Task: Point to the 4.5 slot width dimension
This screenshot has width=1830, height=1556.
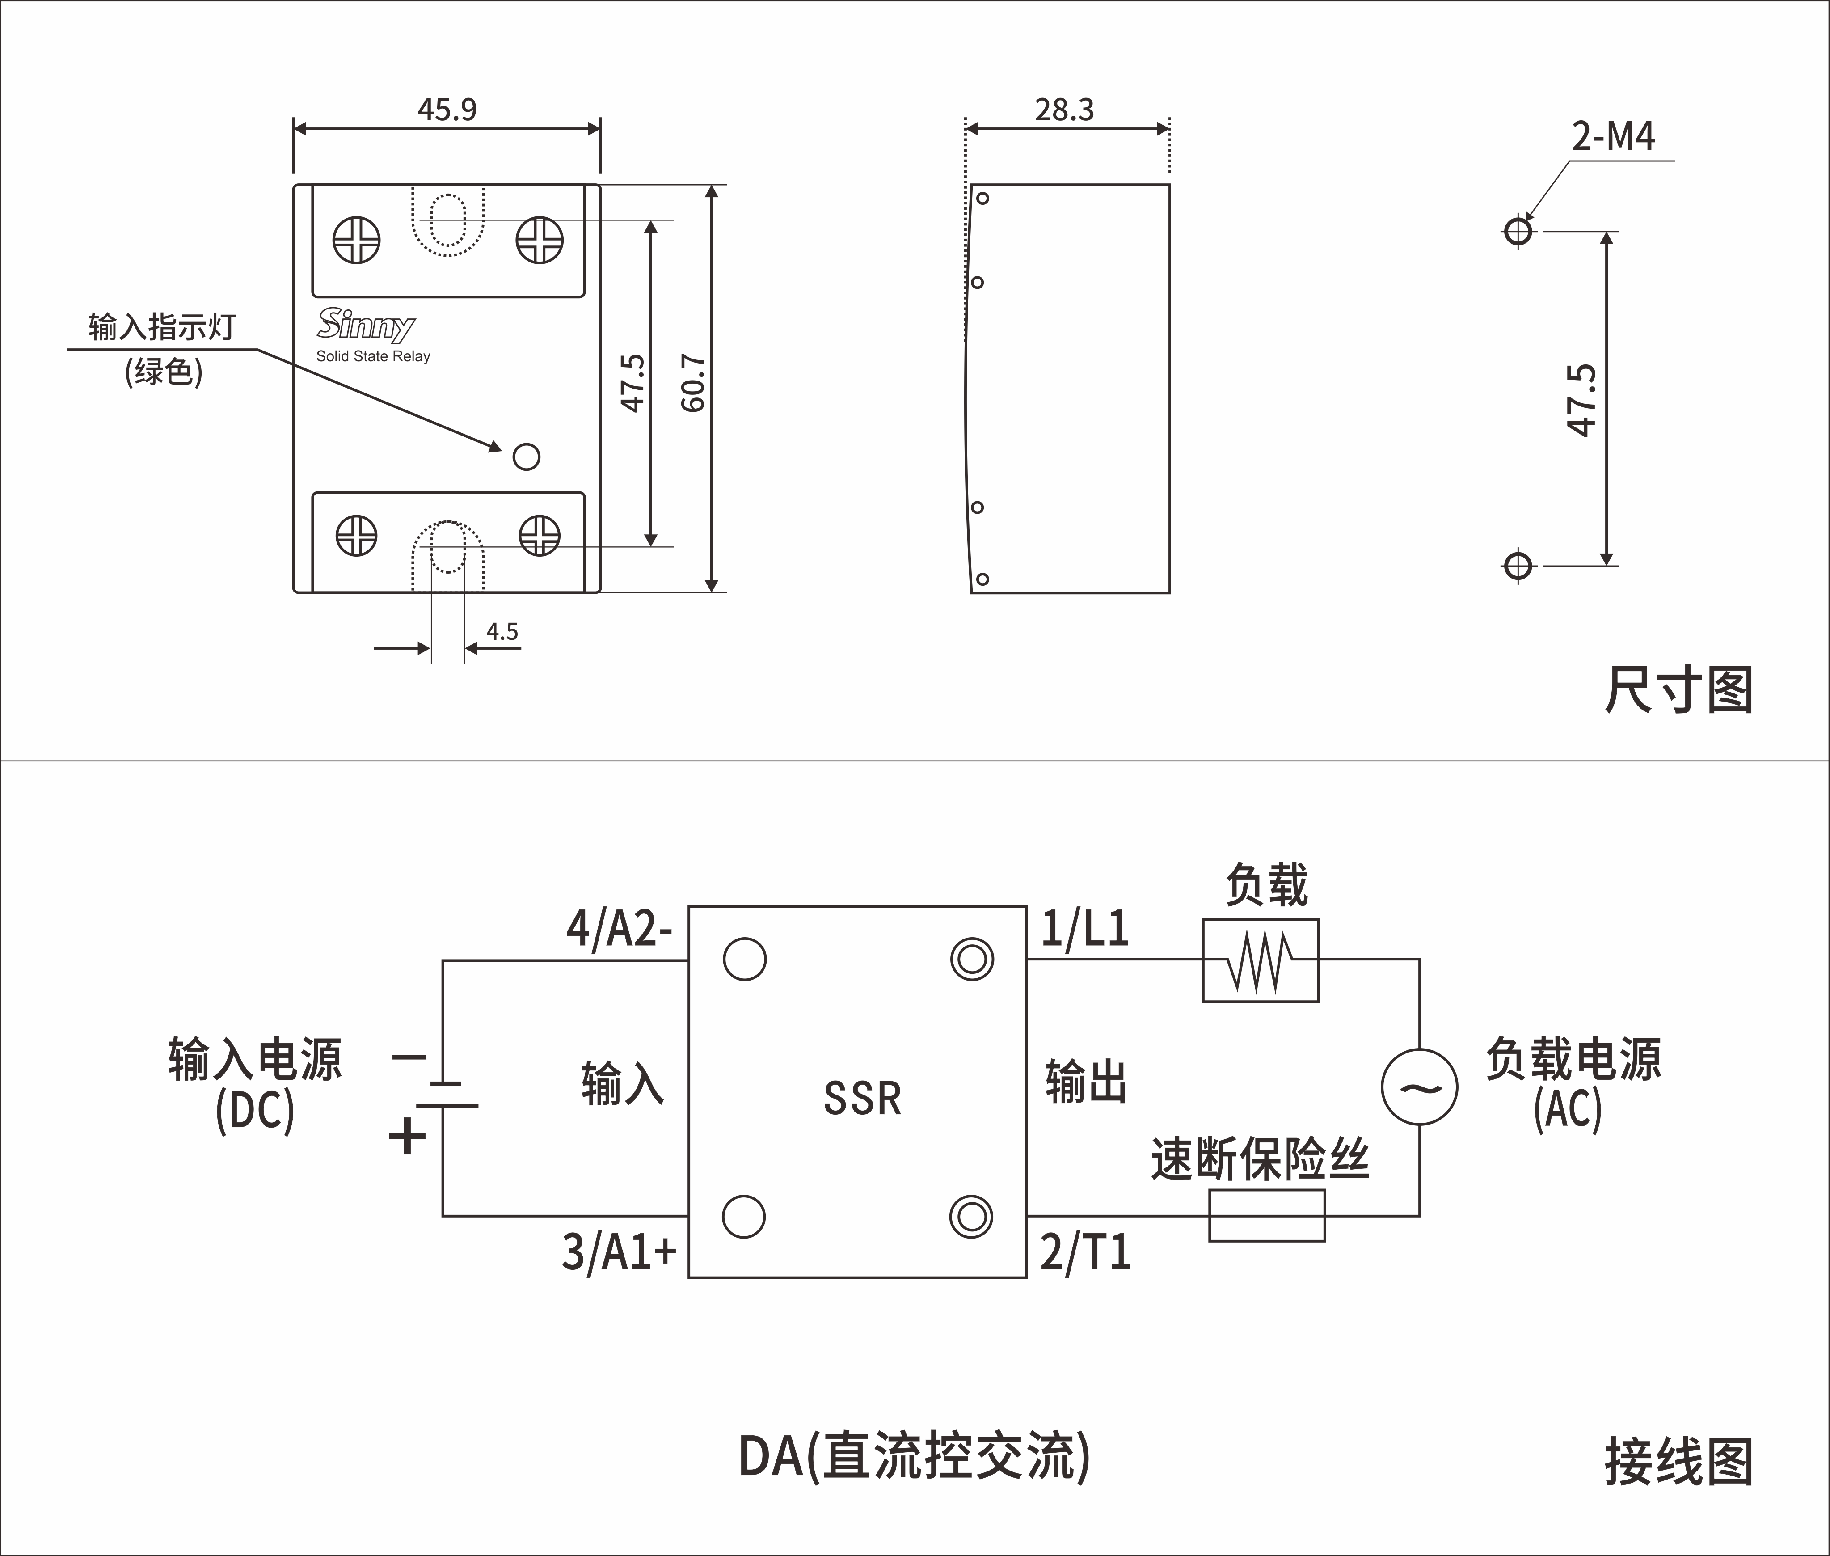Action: [x=502, y=632]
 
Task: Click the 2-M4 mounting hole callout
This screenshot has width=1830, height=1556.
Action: [x=1613, y=137]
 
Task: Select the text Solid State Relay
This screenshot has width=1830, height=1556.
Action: [x=373, y=356]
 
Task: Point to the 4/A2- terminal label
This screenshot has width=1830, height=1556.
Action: [x=619, y=929]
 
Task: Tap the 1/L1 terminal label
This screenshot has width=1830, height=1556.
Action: [x=1085, y=929]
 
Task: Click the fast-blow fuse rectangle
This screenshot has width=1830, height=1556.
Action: [x=1266, y=1216]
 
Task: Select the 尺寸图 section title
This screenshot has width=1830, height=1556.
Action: [x=1678, y=690]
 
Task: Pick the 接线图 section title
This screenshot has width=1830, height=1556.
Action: [x=1678, y=1463]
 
